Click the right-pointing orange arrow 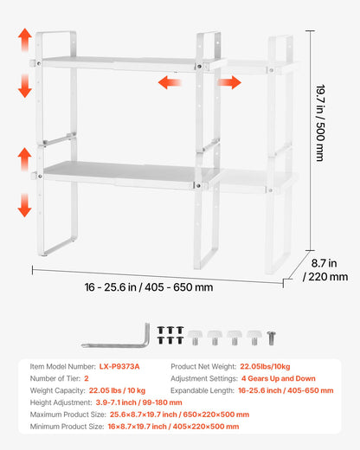pyautogui.click(x=229, y=82)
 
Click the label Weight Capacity pyautogui.click(x=58, y=390)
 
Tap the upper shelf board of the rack pyautogui.click(x=121, y=62)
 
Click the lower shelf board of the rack pyautogui.click(x=121, y=170)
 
